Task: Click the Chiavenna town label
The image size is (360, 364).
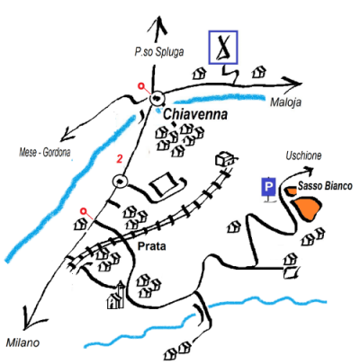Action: (x=195, y=115)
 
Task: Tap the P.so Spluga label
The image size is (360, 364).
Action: (x=159, y=52)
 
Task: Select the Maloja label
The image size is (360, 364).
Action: (x=285, y=102)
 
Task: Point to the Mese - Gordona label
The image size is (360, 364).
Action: (x=45, y=153)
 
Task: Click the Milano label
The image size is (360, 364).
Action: (x=22, y=342)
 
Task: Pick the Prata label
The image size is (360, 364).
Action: (x=151, y=246)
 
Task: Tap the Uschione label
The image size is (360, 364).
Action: (x=303, y=155)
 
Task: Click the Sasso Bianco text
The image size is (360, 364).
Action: (x=325, y=186)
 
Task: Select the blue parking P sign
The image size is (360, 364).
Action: (x=268, y=187)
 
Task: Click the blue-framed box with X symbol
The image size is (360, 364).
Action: (x=223, y=48)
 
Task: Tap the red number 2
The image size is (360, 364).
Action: (x=120, y=159)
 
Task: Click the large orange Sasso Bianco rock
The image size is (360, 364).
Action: (x=307, y=209)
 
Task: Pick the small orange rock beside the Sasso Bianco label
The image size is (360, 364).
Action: (x=291, y=191)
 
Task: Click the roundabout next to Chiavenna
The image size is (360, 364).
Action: (x=157, y=98)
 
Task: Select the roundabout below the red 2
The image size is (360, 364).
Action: (x=120, y=182)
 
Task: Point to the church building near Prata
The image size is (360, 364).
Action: (x=116, y=296)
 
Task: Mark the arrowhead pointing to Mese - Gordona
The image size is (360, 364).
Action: (x=67, y=135)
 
